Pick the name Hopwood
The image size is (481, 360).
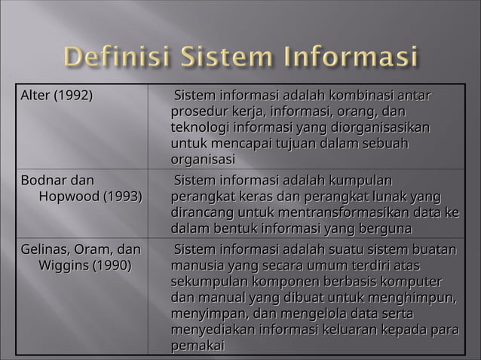point(72,197)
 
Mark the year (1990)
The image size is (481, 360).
point(112,266)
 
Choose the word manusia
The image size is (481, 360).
point(198,266)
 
